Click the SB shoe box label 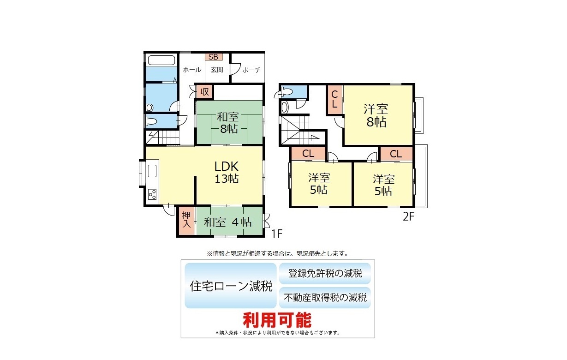point(214,57)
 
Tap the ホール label point(192,70)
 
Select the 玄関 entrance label point(217,70)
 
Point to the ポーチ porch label point(251,70)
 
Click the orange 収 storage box point(204,92)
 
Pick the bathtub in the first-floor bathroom point(161,60)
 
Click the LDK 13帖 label point(227,173)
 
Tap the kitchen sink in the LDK point(152,171)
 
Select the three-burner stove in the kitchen point(152,194)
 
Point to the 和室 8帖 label point(228,123)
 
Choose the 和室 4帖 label point(228,222)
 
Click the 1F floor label point(277,234)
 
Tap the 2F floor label point(409,216)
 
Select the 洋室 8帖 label point(376,115)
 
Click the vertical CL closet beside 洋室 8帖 point(334,100)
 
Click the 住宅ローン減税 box point(231,286)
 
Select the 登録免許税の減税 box point(325,273)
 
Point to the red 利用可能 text point(277,320)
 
